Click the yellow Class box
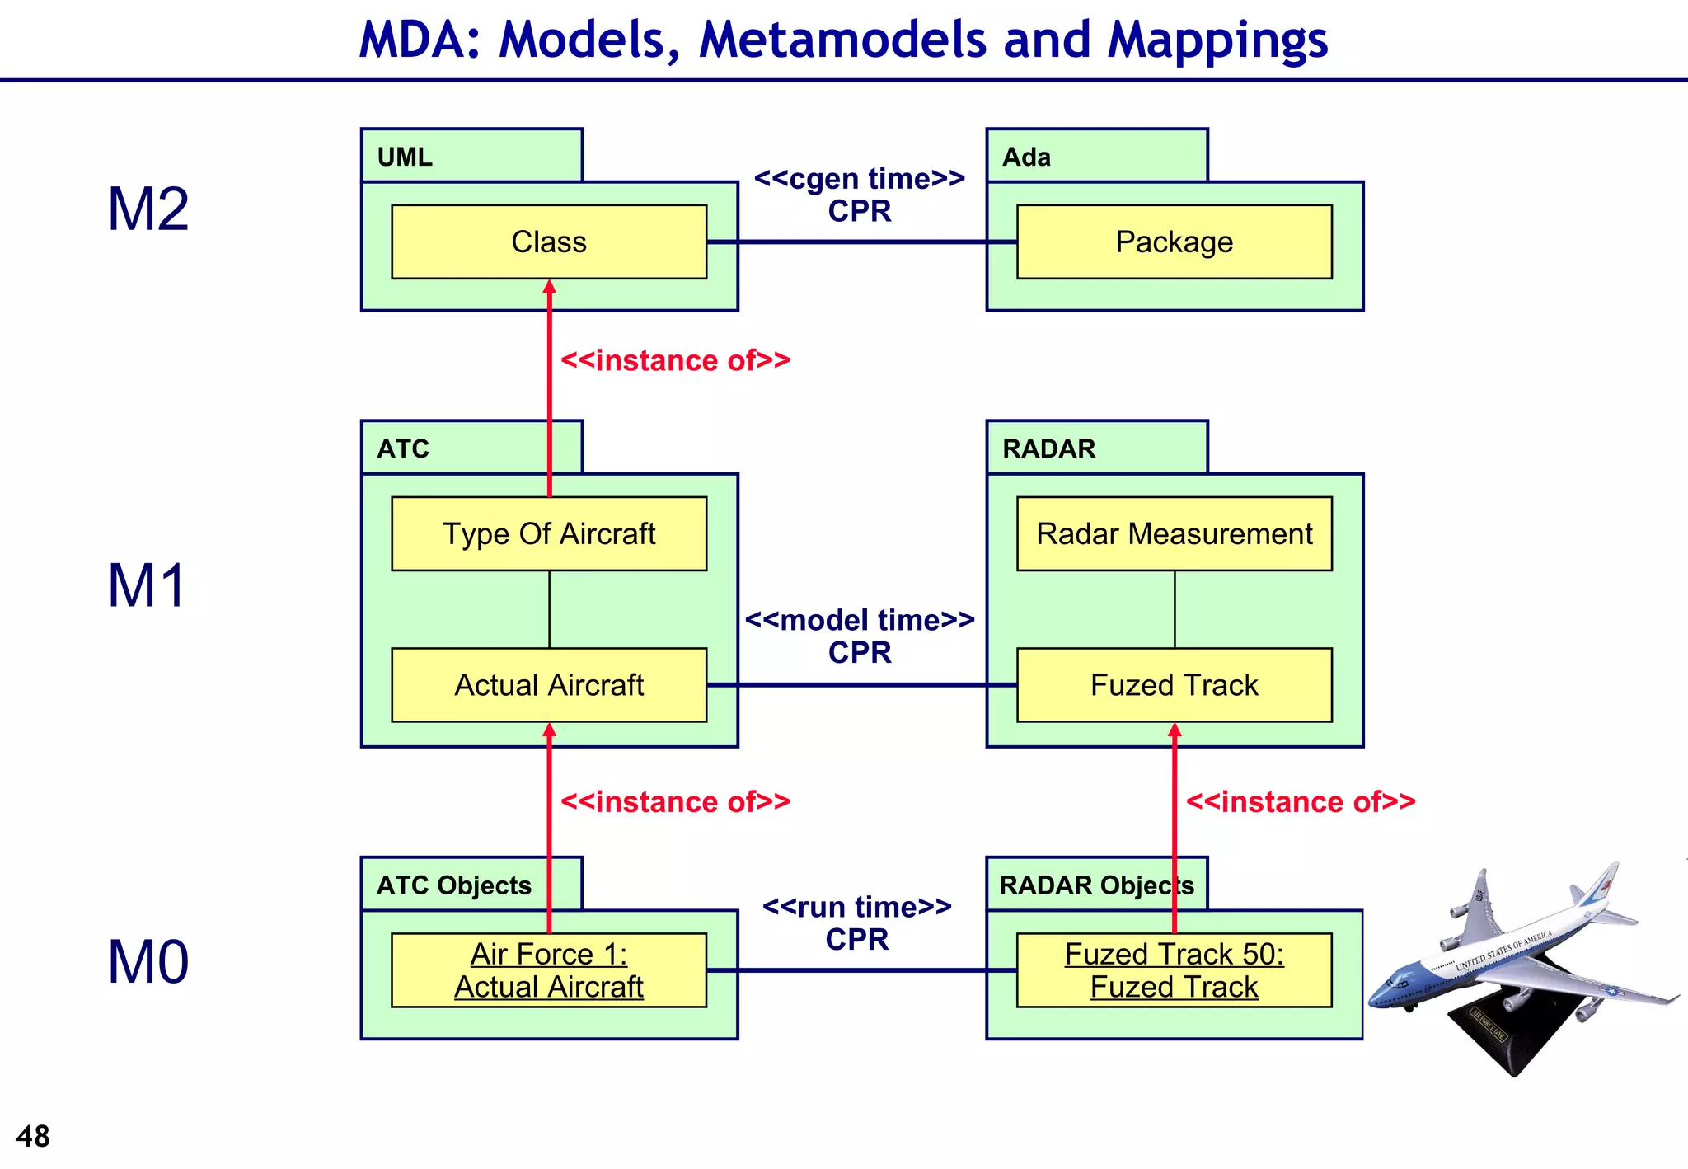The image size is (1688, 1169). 549,242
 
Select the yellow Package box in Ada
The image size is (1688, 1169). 1174,242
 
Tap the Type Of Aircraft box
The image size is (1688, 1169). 549,533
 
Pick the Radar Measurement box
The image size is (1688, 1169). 1174,533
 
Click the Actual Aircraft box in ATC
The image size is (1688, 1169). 549,685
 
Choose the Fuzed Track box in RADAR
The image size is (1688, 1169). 1174,685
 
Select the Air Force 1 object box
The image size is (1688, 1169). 549,970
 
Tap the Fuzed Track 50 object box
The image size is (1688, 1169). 1174,970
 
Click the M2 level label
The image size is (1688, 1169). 148,209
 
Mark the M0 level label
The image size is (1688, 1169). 148,962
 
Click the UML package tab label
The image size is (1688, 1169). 405,157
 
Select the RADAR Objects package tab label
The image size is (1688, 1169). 1096,885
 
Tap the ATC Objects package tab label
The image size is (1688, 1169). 454,885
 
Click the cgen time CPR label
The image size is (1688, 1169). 860,195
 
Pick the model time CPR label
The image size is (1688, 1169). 860,636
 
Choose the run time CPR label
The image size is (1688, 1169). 857,923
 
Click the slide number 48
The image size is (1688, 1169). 33,1137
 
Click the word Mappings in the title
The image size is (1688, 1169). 1217,40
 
